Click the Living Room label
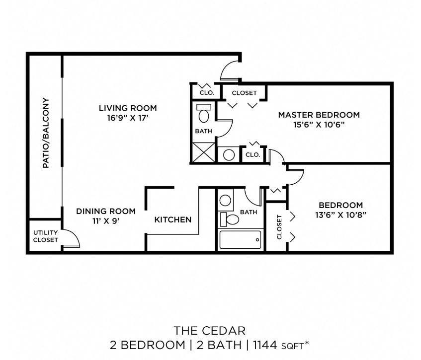(127, 108)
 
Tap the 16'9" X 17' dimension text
(127, 118)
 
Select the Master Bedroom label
(319, 115)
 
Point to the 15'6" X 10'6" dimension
(319, 125)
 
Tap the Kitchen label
(172, 219)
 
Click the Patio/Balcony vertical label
(45, 133)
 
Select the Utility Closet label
(45, 236)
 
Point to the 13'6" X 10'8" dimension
(340, 215)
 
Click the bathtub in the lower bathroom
(240, 240)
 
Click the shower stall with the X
(204, 151)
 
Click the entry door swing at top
(230, 71)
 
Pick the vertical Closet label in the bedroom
(279, 227)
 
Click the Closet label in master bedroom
(244, 93)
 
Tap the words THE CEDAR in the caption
(210, 330)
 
